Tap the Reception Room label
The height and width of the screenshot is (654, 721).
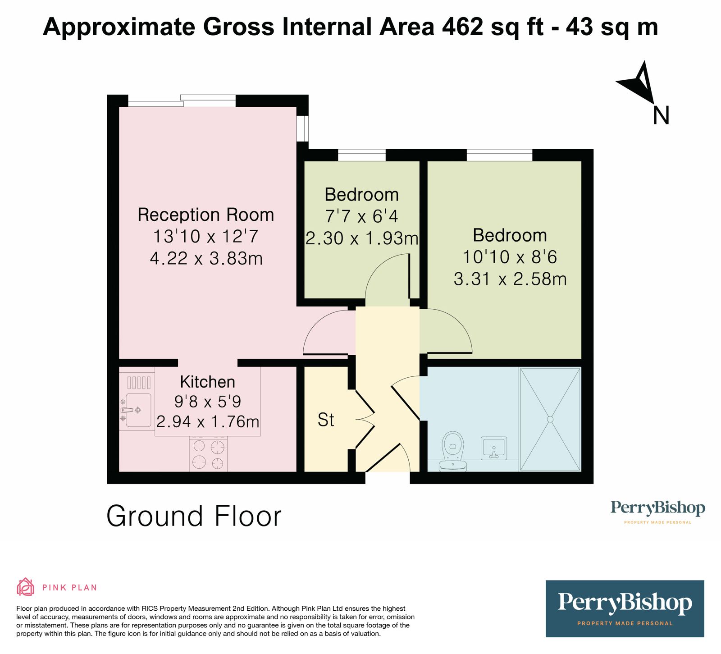click(x=205, y=215)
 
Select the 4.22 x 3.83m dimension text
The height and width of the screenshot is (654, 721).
click(x=206, y=258)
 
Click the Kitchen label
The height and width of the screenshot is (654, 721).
click(x=207, y=382)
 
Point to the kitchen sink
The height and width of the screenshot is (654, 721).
click(x=138, y=410)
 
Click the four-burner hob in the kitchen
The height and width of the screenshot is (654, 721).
click(x=208, y=454)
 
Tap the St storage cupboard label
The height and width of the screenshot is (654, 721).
click(x=326, y=420)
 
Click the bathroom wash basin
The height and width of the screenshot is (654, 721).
click(x=493, y=448)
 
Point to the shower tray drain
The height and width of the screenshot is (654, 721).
click(x=550, y=419)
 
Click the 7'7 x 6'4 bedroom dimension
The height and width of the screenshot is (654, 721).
click(x=361, y=216)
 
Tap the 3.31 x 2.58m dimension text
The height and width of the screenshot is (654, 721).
click(x=510, y=279)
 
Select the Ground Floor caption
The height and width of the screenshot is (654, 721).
click(x=194, y=516)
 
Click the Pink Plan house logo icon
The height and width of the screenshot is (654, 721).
click(x=26, y=587)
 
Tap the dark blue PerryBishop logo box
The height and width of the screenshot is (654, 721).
click(x=625, y=608)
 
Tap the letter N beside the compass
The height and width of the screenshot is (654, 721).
click(x=661, y=115)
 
